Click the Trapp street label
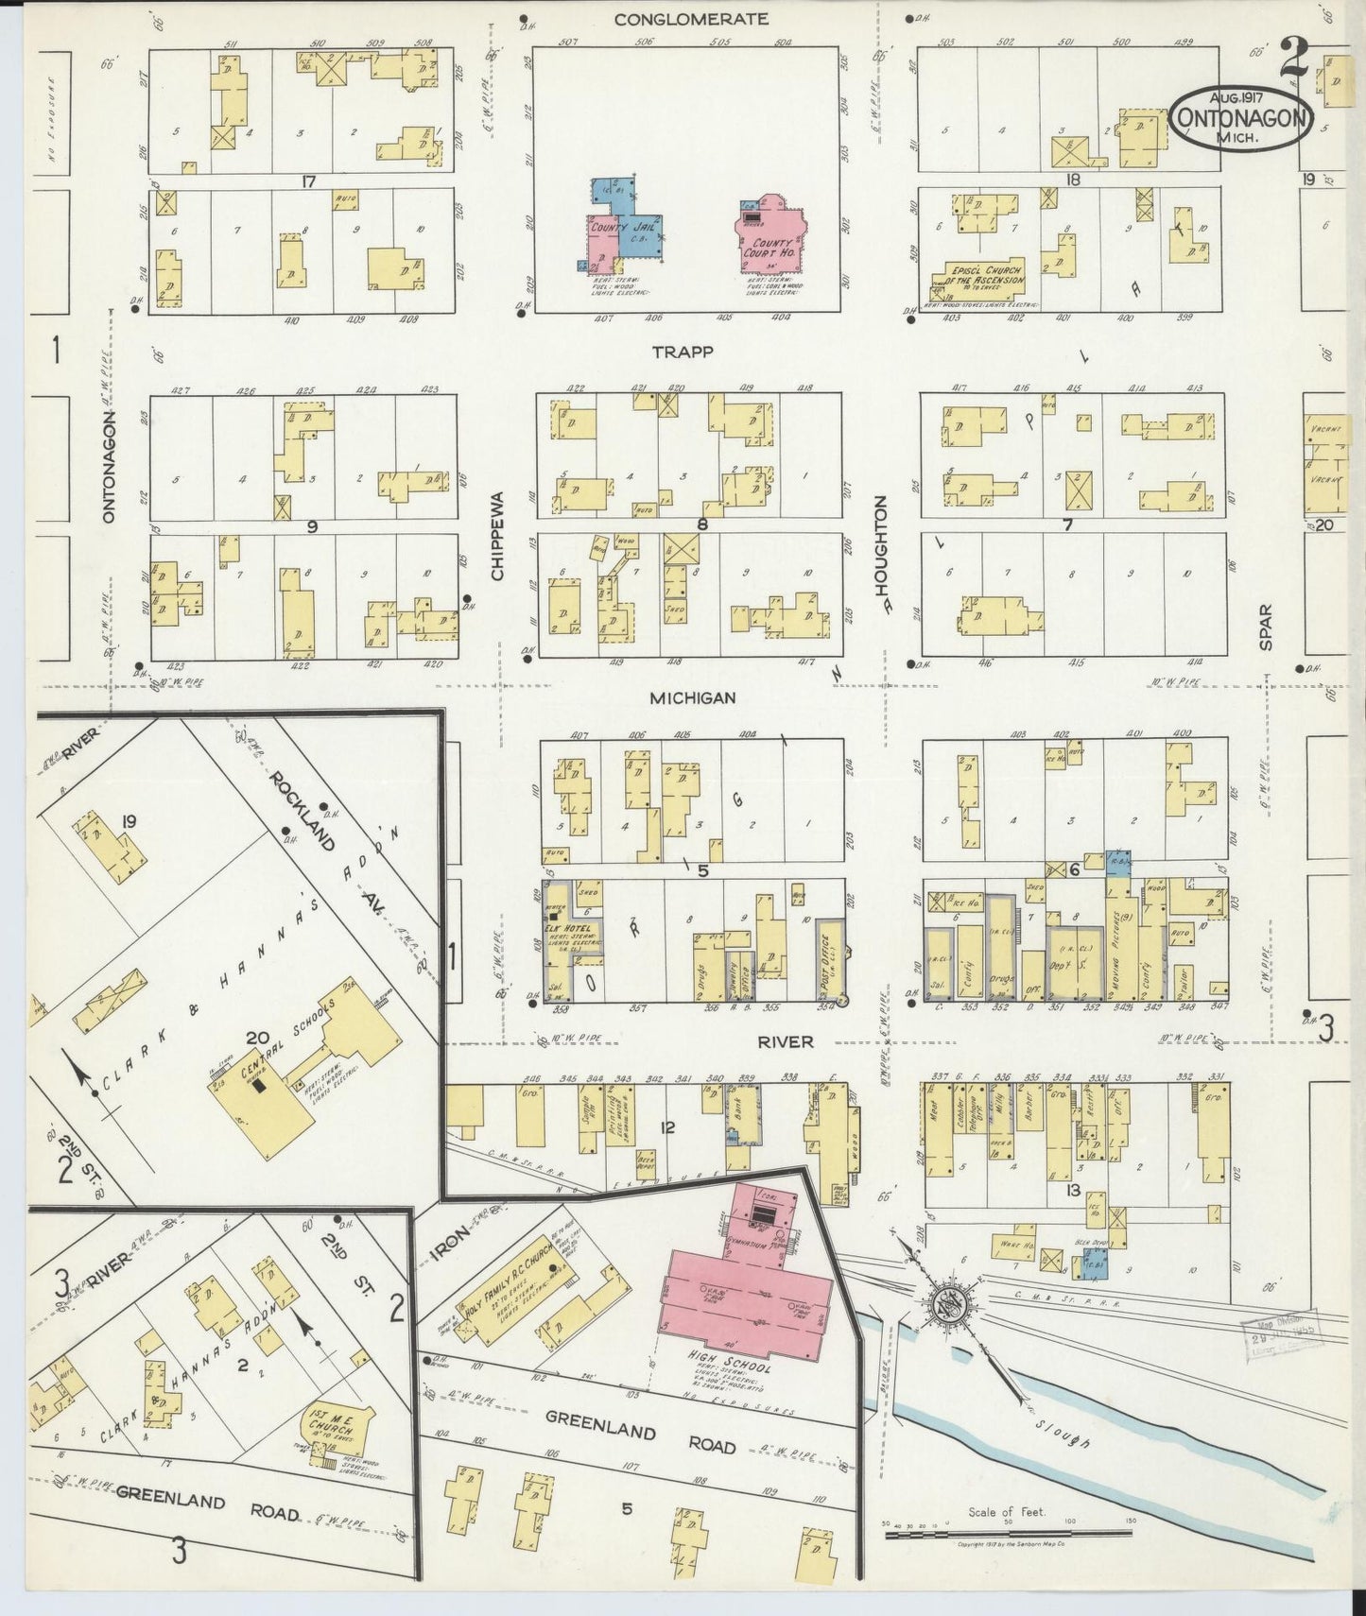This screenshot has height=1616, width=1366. [x=683, y=352]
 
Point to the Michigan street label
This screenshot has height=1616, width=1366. [x=692, y=697]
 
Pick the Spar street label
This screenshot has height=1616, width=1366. [x=1267, y=627]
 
